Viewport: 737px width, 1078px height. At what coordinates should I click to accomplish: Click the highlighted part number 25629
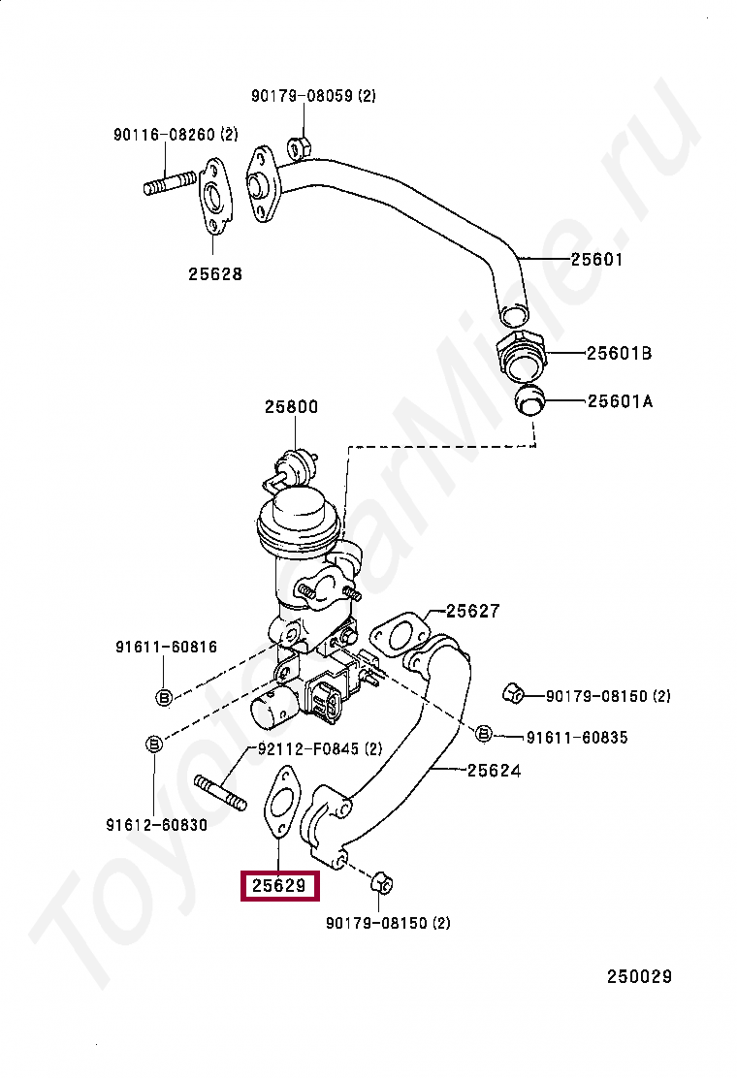click(x=279, y=885)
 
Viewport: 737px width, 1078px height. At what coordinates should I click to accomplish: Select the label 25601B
click(x=618, y=354)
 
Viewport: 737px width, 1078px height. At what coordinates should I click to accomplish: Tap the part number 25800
click(x=291, y=407)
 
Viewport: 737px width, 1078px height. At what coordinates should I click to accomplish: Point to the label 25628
click(x=215, y=274)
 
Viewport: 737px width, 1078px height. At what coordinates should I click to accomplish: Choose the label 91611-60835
click(x=577, y=738)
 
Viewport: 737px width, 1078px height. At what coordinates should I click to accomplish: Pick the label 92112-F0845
click(x=319, y=748)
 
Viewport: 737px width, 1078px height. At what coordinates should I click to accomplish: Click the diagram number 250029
click(x=639, y=976)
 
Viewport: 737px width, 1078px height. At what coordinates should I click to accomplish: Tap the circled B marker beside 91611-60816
click(x=164, y=696)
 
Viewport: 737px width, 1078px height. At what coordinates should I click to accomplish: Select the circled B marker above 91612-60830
click(x=153, y=745)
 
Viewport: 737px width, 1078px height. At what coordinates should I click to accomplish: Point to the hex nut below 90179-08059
click(x=299, y=148)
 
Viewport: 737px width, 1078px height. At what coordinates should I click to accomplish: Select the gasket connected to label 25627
click(x=398, y=635)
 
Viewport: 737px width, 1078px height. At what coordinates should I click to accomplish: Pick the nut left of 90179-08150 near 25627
click(x=514, y=693)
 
